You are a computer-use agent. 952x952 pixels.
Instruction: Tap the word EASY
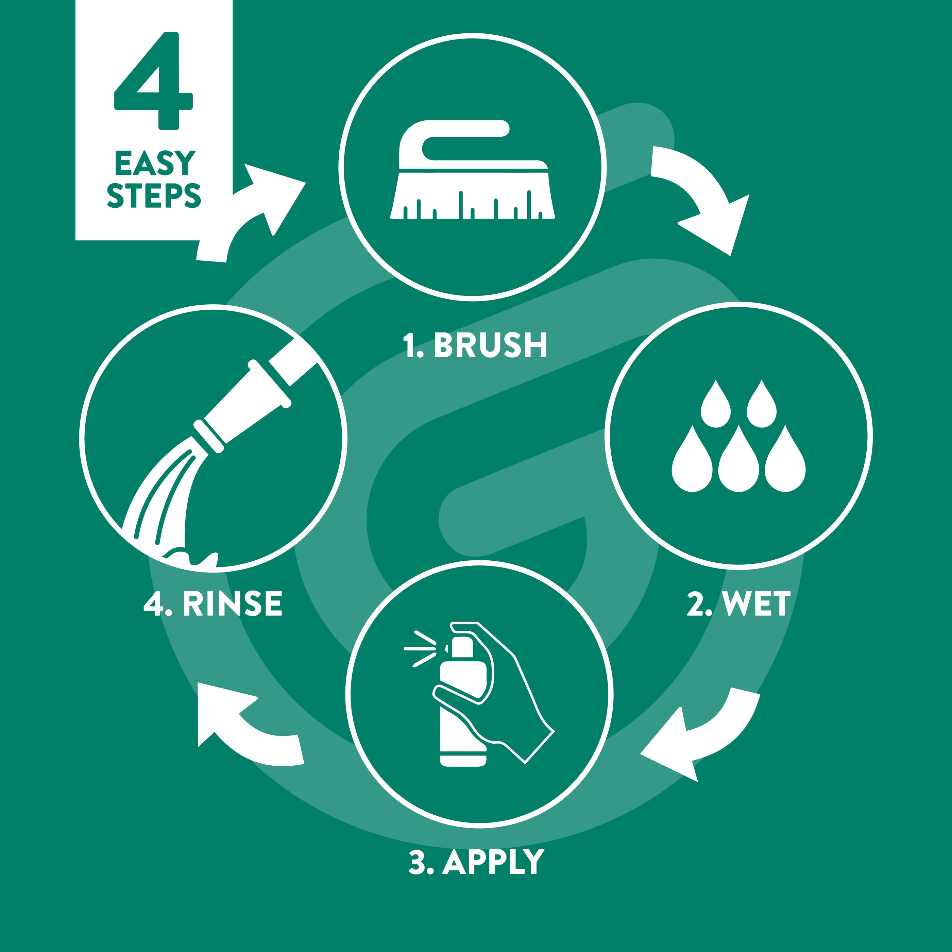[x=155, y=163]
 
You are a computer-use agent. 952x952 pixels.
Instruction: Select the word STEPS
[x=154, y=195]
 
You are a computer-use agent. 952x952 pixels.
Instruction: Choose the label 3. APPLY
[x=476, y=862]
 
